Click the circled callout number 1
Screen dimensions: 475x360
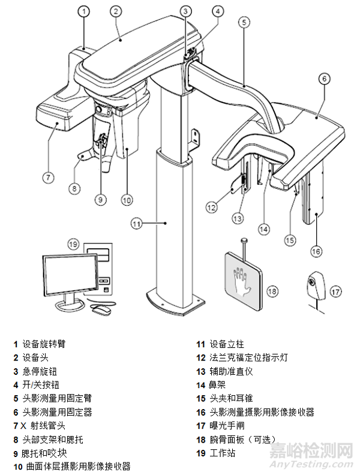click(x=85, y=11)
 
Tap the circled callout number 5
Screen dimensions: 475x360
click(x=243, y=22)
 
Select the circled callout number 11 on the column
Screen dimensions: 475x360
click(x=137, y=224)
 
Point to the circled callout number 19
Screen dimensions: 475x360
click(x=73, y=244)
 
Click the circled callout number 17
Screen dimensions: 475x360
click(x=335, y=291)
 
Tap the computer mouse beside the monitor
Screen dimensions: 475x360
click(x=103, y=310)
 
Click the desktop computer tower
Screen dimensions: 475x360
click(x=99, y=267)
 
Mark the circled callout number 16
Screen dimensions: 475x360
click(x=317, y=250)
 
